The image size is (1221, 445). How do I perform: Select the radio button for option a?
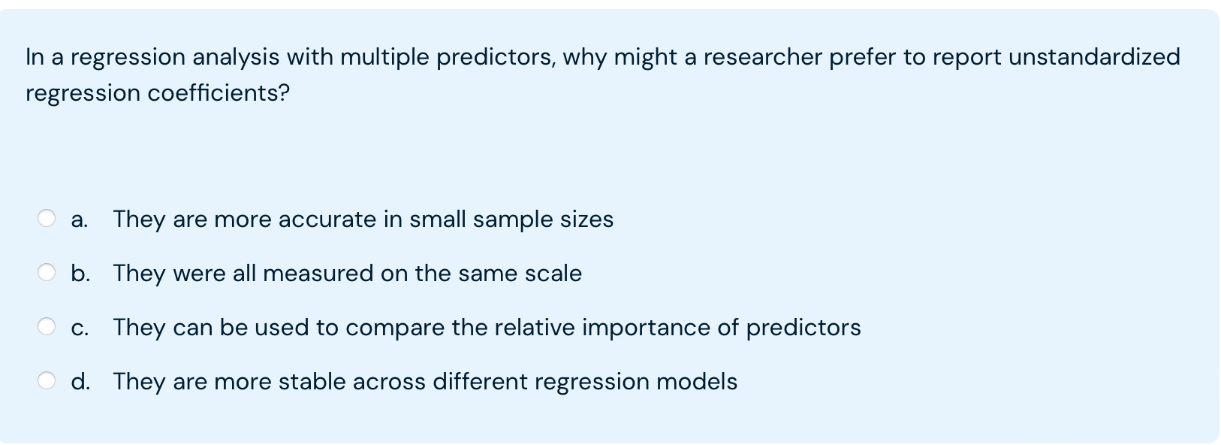[47, 218]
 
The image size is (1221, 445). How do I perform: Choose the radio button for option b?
[47, 272]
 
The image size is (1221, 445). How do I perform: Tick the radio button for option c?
[47, 326]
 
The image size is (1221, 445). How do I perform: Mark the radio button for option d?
[47, 380]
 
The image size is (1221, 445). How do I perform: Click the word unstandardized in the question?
[1094, 56]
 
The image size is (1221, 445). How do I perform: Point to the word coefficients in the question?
[218, 92]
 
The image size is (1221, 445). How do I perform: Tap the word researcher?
[763, 57]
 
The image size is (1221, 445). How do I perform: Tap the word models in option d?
[697, 381]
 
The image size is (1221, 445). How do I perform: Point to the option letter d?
[80, 381]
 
